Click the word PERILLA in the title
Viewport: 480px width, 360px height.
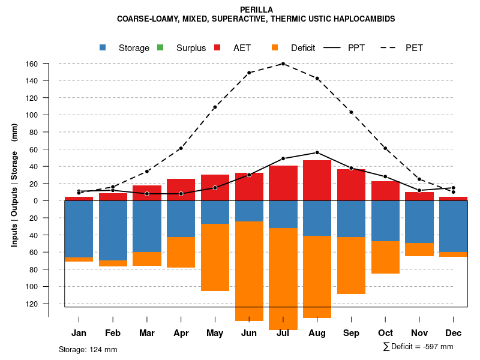(256, 10)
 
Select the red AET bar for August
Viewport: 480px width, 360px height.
(317, 180)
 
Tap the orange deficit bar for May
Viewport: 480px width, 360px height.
(215, 257)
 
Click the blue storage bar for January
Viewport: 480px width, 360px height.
(79, 228)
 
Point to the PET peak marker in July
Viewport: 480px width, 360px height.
(283, 64)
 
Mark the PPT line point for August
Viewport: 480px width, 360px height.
(317, 152)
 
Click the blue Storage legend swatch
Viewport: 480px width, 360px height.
(104, 47)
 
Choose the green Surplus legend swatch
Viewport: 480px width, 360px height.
(161, 47)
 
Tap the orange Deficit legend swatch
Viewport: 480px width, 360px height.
(275, 47)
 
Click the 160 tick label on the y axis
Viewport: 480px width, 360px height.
(32, 64)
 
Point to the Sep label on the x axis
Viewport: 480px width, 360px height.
(351, 333)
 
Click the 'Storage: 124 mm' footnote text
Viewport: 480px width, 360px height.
(88, 349)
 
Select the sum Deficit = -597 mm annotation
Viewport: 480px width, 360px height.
(418, 346)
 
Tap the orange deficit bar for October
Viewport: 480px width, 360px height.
(385, 257)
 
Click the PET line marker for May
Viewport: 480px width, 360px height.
(215, 107)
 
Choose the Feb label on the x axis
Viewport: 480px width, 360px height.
(113, 333)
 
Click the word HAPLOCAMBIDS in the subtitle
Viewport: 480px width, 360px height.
(364, 19)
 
